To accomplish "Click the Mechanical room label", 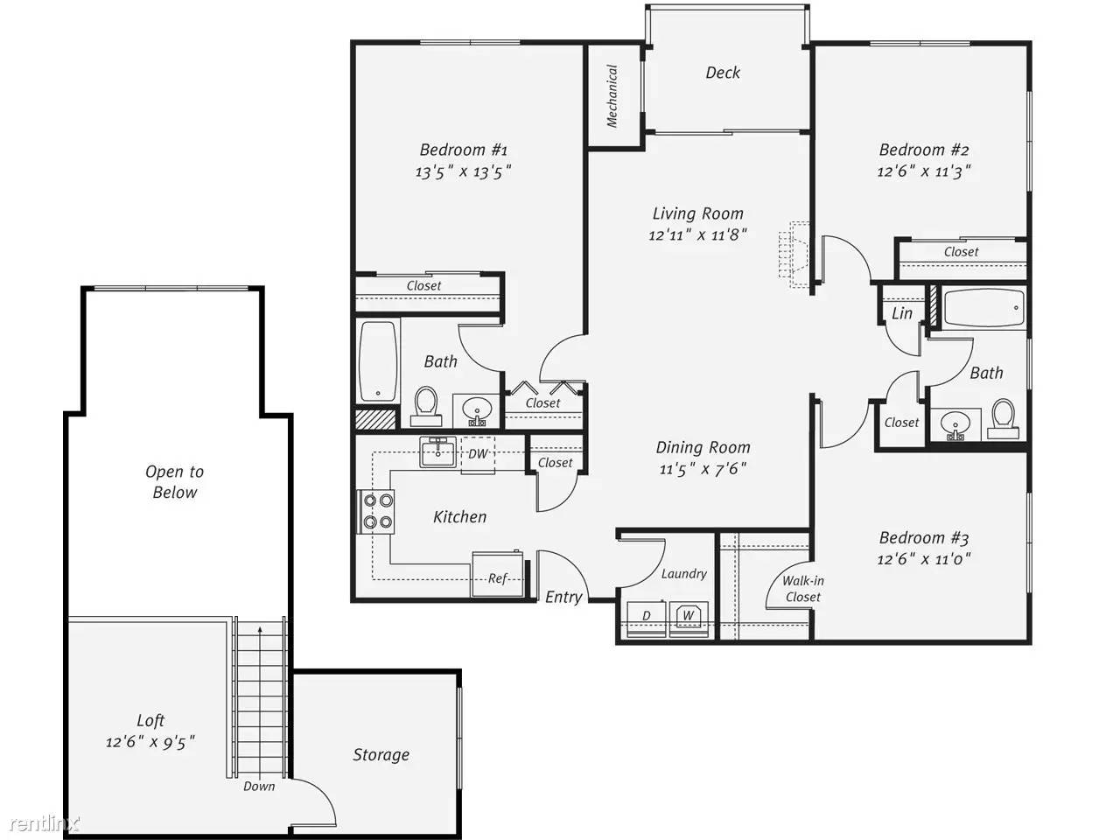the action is coord(612,95).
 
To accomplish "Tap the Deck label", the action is coord(723,73).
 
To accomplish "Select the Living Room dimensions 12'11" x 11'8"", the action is coord(697,235).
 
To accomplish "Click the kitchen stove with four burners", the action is coord(376,512).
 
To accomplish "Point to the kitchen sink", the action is coord(437,451).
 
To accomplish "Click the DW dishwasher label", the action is coord(478,454).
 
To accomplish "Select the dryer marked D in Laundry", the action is coord(647,619).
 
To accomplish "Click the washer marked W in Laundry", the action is coord(689,619).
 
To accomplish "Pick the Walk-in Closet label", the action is coord(803,589).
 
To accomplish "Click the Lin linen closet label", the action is coord(902,313).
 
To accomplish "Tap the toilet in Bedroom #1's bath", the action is coord(427,406).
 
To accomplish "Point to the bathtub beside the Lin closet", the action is coord(984,308).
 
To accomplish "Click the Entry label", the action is coord(563,598).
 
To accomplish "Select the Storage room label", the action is coord(381,755).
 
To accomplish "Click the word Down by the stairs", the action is coord(259,787).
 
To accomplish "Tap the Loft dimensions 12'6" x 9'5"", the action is coord(150,742).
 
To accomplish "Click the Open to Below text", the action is coord(175,482).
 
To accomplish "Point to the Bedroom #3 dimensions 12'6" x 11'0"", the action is coord(923,559).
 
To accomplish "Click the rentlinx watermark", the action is coord(45,823).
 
